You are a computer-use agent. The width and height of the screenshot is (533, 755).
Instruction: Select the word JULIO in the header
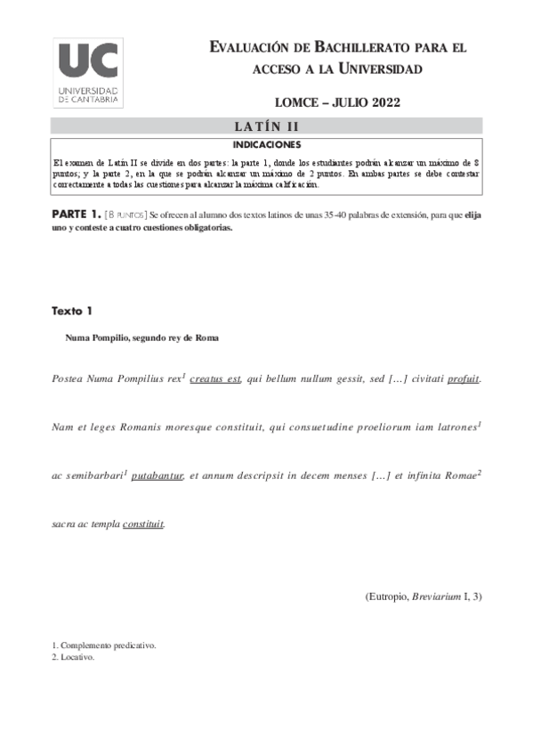pos(335,102)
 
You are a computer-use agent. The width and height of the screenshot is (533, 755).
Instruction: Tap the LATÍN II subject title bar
pos(266,126)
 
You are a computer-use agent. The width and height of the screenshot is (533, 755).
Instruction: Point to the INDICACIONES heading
pos(266,143)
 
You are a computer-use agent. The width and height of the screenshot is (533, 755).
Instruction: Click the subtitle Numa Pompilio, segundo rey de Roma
pos(141,339)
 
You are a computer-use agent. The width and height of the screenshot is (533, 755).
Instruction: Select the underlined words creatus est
pos(215,378)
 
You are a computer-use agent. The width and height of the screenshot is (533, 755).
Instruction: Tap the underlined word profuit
pos(464,378)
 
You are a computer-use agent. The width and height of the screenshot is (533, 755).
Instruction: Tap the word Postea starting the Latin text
pos(68,378)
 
